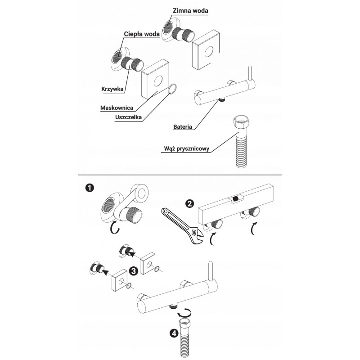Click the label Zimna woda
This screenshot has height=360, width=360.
coord(190,10)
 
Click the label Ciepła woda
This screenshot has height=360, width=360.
coord(142,34)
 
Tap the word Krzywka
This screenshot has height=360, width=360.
coord(112,89)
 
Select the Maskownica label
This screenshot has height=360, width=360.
coord(117,108)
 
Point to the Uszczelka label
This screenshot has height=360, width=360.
coord(129,117)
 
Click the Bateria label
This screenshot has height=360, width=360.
coord(183,126)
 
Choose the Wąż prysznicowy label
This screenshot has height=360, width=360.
coord(187,148)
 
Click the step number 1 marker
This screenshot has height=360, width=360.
coord(89,188)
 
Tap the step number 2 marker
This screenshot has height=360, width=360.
coord(189,204)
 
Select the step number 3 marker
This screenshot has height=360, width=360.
coord(133,271)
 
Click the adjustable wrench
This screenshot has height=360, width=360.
coord(182,225)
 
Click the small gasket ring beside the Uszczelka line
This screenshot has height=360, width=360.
coord(173,89)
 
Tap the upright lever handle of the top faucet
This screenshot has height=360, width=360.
coord(251,73)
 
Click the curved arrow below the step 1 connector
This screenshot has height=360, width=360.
coord(115,228)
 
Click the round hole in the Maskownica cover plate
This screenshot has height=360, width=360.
coord(158,81)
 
